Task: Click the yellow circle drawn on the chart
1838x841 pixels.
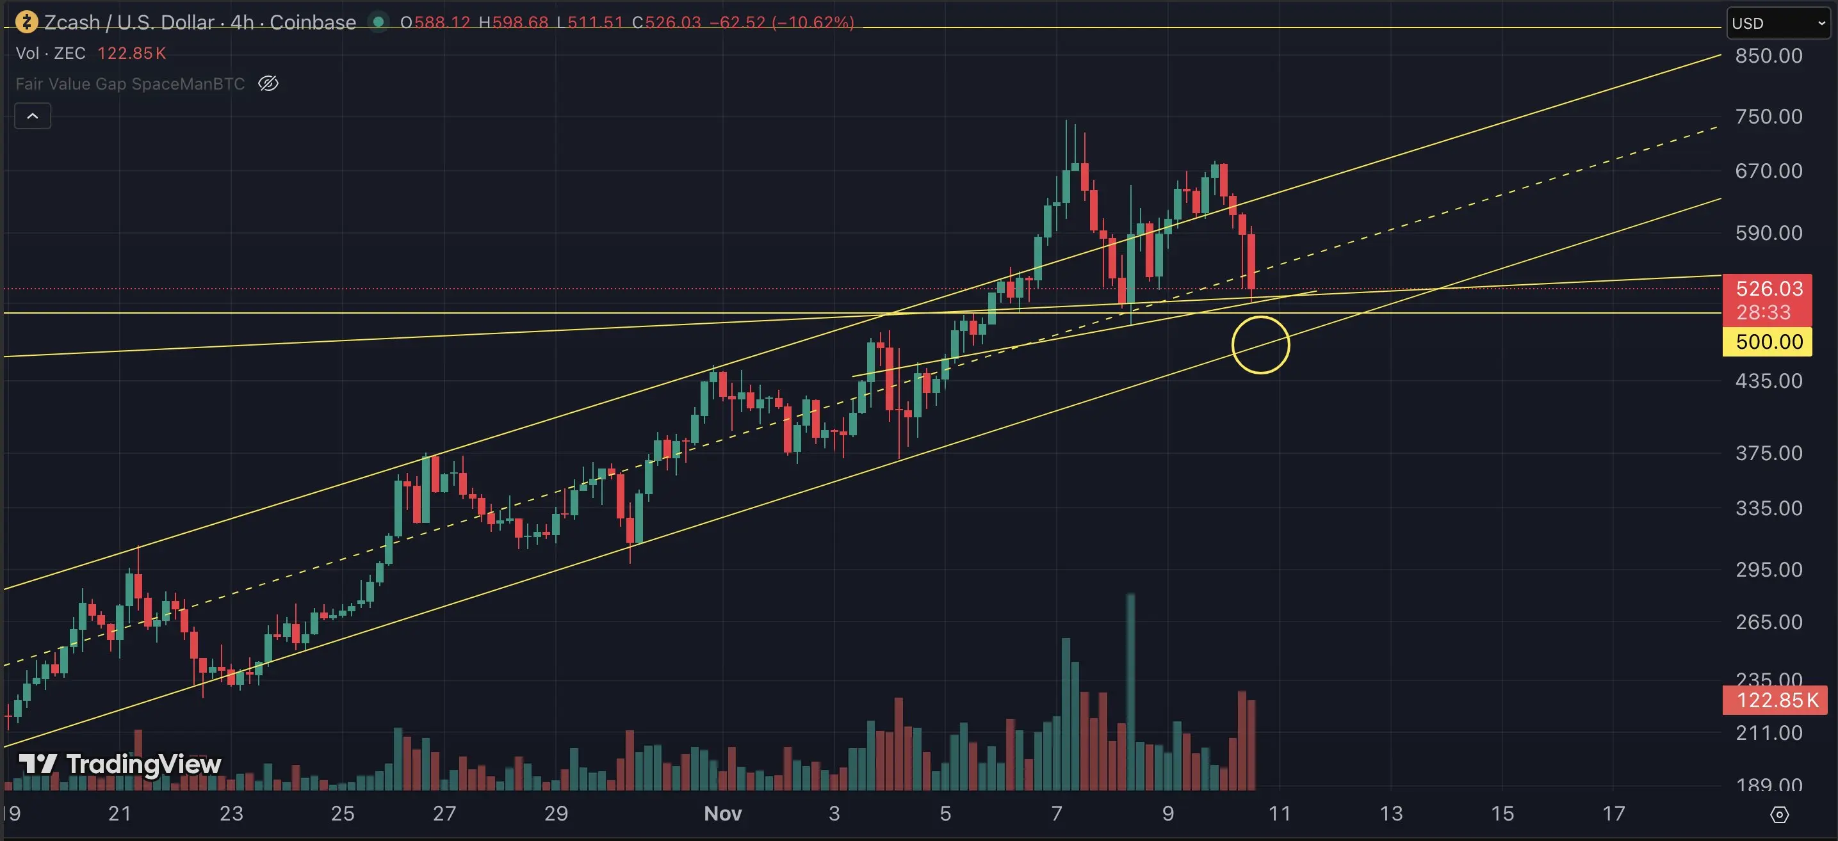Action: click(x=1260, y=344)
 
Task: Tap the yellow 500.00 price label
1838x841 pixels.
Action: click(x=1768, y=342)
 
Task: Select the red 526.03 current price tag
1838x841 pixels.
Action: click(x=1768, y=288)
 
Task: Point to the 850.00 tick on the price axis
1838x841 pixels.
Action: click(x=1768, y=56)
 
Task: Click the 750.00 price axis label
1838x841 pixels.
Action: click(x=1768, y=116)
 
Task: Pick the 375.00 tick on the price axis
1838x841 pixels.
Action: click(x=1768, y=453)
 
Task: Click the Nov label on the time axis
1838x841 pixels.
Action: click(x=722, y=813)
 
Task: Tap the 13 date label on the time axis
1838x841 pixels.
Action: click(x=1390, y=813)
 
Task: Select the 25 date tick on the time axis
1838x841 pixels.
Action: click(x=343, y=813)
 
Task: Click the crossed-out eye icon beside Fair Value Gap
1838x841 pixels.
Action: click(x=268, y=83)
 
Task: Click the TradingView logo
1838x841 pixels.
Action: click(x=120, y=764)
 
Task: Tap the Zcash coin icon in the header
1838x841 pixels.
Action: click(x=26, y=22)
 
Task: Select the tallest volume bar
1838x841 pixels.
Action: click(x=1130, y=692)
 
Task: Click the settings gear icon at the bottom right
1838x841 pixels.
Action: click(x=1780, y=814)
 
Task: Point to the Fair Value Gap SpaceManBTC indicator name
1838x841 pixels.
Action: click(x=130, y=83)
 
